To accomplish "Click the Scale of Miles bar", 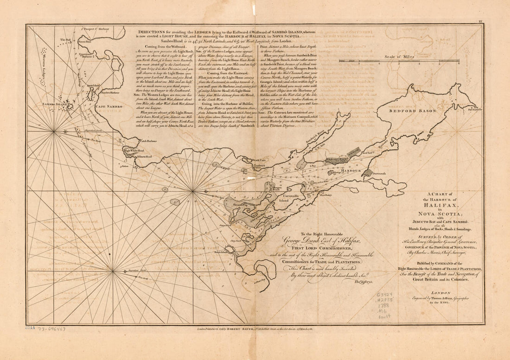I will coord(399,60).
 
